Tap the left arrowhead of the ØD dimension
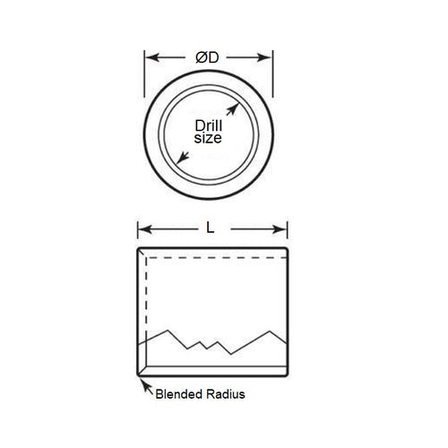[x=151, y=57]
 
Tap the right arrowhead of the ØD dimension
[x=266, y=57]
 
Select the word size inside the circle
[x=209, y=140]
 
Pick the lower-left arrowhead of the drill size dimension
[x=181, y=159]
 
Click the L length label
[x=211, y=228]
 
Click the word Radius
[x=224, y=393]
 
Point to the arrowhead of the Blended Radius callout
[x=141, y=383]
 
